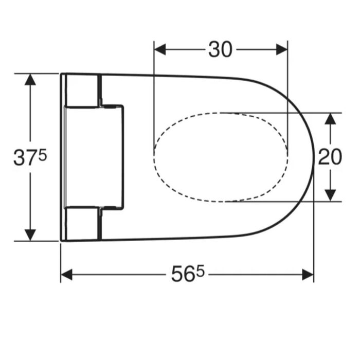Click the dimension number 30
[x=221, y=49]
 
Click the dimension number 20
[x=330, y=157]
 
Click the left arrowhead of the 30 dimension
[x=160, y=49]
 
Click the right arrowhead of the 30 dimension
[x=282, y=49]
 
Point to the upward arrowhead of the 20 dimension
[x=330, y=119]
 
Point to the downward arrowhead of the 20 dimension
[x=330, y=195]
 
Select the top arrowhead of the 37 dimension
[x=30, y=79]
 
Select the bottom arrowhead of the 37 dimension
[x=30, y=235]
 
